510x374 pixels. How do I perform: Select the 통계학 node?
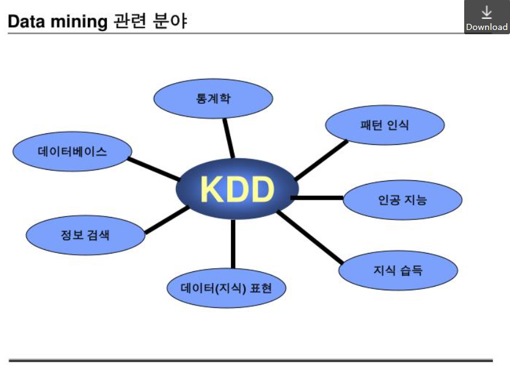pos(213,98)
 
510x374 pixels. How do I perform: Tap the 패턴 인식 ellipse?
pos(385,125)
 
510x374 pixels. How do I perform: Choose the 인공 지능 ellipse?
pos(403,199)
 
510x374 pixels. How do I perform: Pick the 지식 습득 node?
pos(398,269)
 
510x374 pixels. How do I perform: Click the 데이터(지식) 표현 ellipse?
pos(226,287)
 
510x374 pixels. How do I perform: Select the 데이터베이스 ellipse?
pos(72,152)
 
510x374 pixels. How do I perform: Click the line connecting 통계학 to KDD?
pos(228,137)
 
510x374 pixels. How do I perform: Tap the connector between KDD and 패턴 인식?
pos(321,160)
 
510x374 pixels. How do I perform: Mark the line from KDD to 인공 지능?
pos(318,198)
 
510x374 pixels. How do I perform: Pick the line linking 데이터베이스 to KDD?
pos(153,169)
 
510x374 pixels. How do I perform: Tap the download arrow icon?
pos(487,12)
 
